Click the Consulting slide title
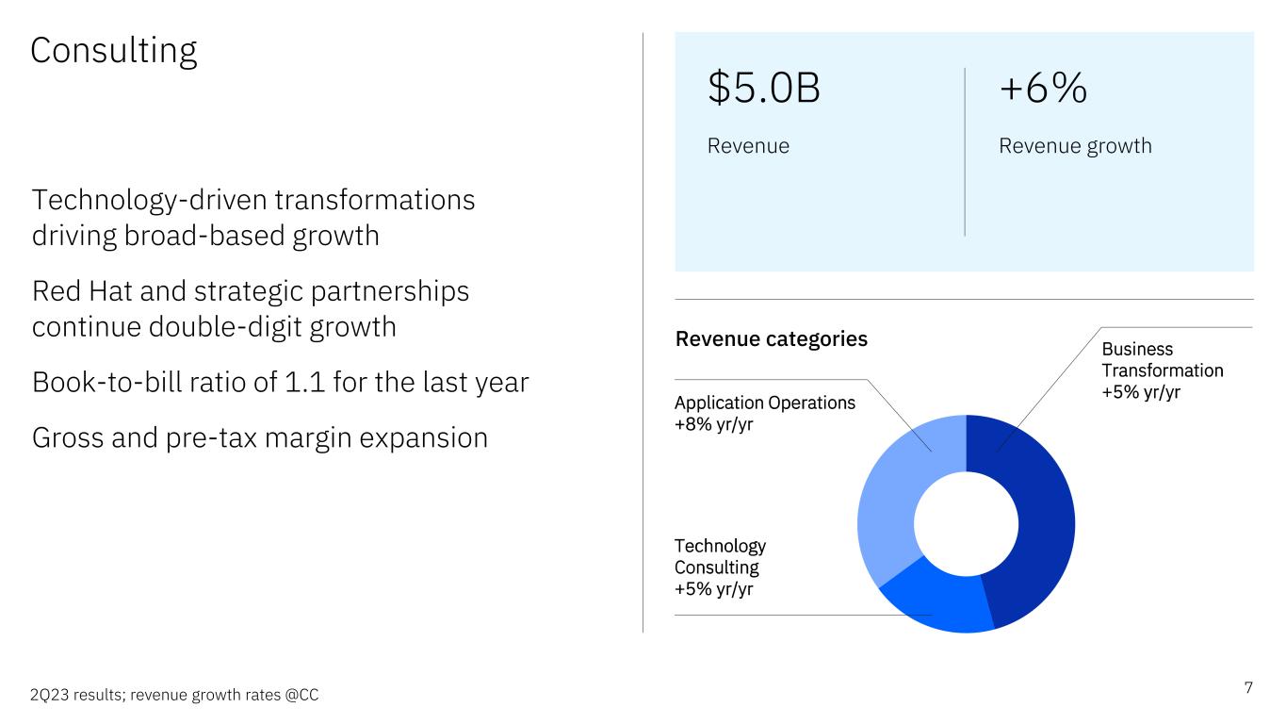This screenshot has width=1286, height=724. pos(114,51)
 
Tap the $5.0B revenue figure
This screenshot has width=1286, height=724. pos(763,88)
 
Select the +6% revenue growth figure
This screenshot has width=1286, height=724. pos(1043,88)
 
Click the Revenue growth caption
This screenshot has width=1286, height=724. pos(1075,146)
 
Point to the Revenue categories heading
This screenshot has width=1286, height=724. pos(771,339)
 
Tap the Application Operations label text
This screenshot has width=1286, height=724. pos(765,403)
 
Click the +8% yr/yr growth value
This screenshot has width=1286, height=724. pos(713,424)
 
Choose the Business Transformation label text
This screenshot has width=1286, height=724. pos(1163,360)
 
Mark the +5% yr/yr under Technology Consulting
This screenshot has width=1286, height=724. pos(713,589)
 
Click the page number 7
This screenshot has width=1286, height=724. pos(1248,688)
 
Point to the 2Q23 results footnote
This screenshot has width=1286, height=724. pos(174,696)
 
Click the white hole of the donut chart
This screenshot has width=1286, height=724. pos(967,524)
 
